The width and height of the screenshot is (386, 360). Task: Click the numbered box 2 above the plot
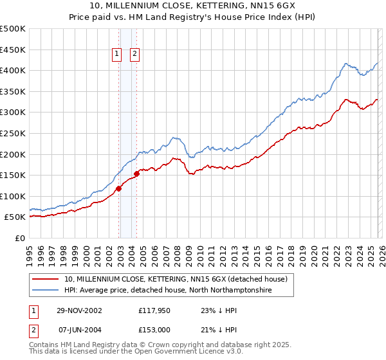click(135, 55)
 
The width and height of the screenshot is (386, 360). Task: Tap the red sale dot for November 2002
click(119, 188)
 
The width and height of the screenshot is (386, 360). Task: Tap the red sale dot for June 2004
click(136, 174)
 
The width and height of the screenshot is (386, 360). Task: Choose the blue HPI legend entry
click(168, 291)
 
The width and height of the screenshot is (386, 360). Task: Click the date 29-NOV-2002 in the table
click(80, 310)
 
